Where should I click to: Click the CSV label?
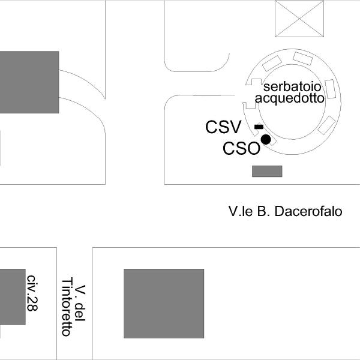pos(223,127)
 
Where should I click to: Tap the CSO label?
pos(242,148)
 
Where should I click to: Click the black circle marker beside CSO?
pos(266,140)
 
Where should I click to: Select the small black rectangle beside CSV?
pos(259,127)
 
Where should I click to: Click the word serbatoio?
pos(292,87)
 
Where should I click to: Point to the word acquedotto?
pos(290,98)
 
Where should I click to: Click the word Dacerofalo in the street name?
pos(308,211)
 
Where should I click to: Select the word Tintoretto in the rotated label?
pos(67,307)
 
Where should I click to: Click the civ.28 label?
pos(32,293)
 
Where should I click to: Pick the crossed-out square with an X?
pos(299,19)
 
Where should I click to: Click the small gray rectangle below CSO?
pos(267,171)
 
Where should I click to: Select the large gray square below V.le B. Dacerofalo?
pos(164,304)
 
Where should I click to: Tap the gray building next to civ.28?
pos(13,297)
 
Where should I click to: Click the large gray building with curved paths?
pos(29,82)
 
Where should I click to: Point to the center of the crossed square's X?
pos(299,19)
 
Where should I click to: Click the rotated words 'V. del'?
pos(80,303)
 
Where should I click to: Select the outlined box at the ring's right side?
pos(331,89)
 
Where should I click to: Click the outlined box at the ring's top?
pos(303,58)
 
